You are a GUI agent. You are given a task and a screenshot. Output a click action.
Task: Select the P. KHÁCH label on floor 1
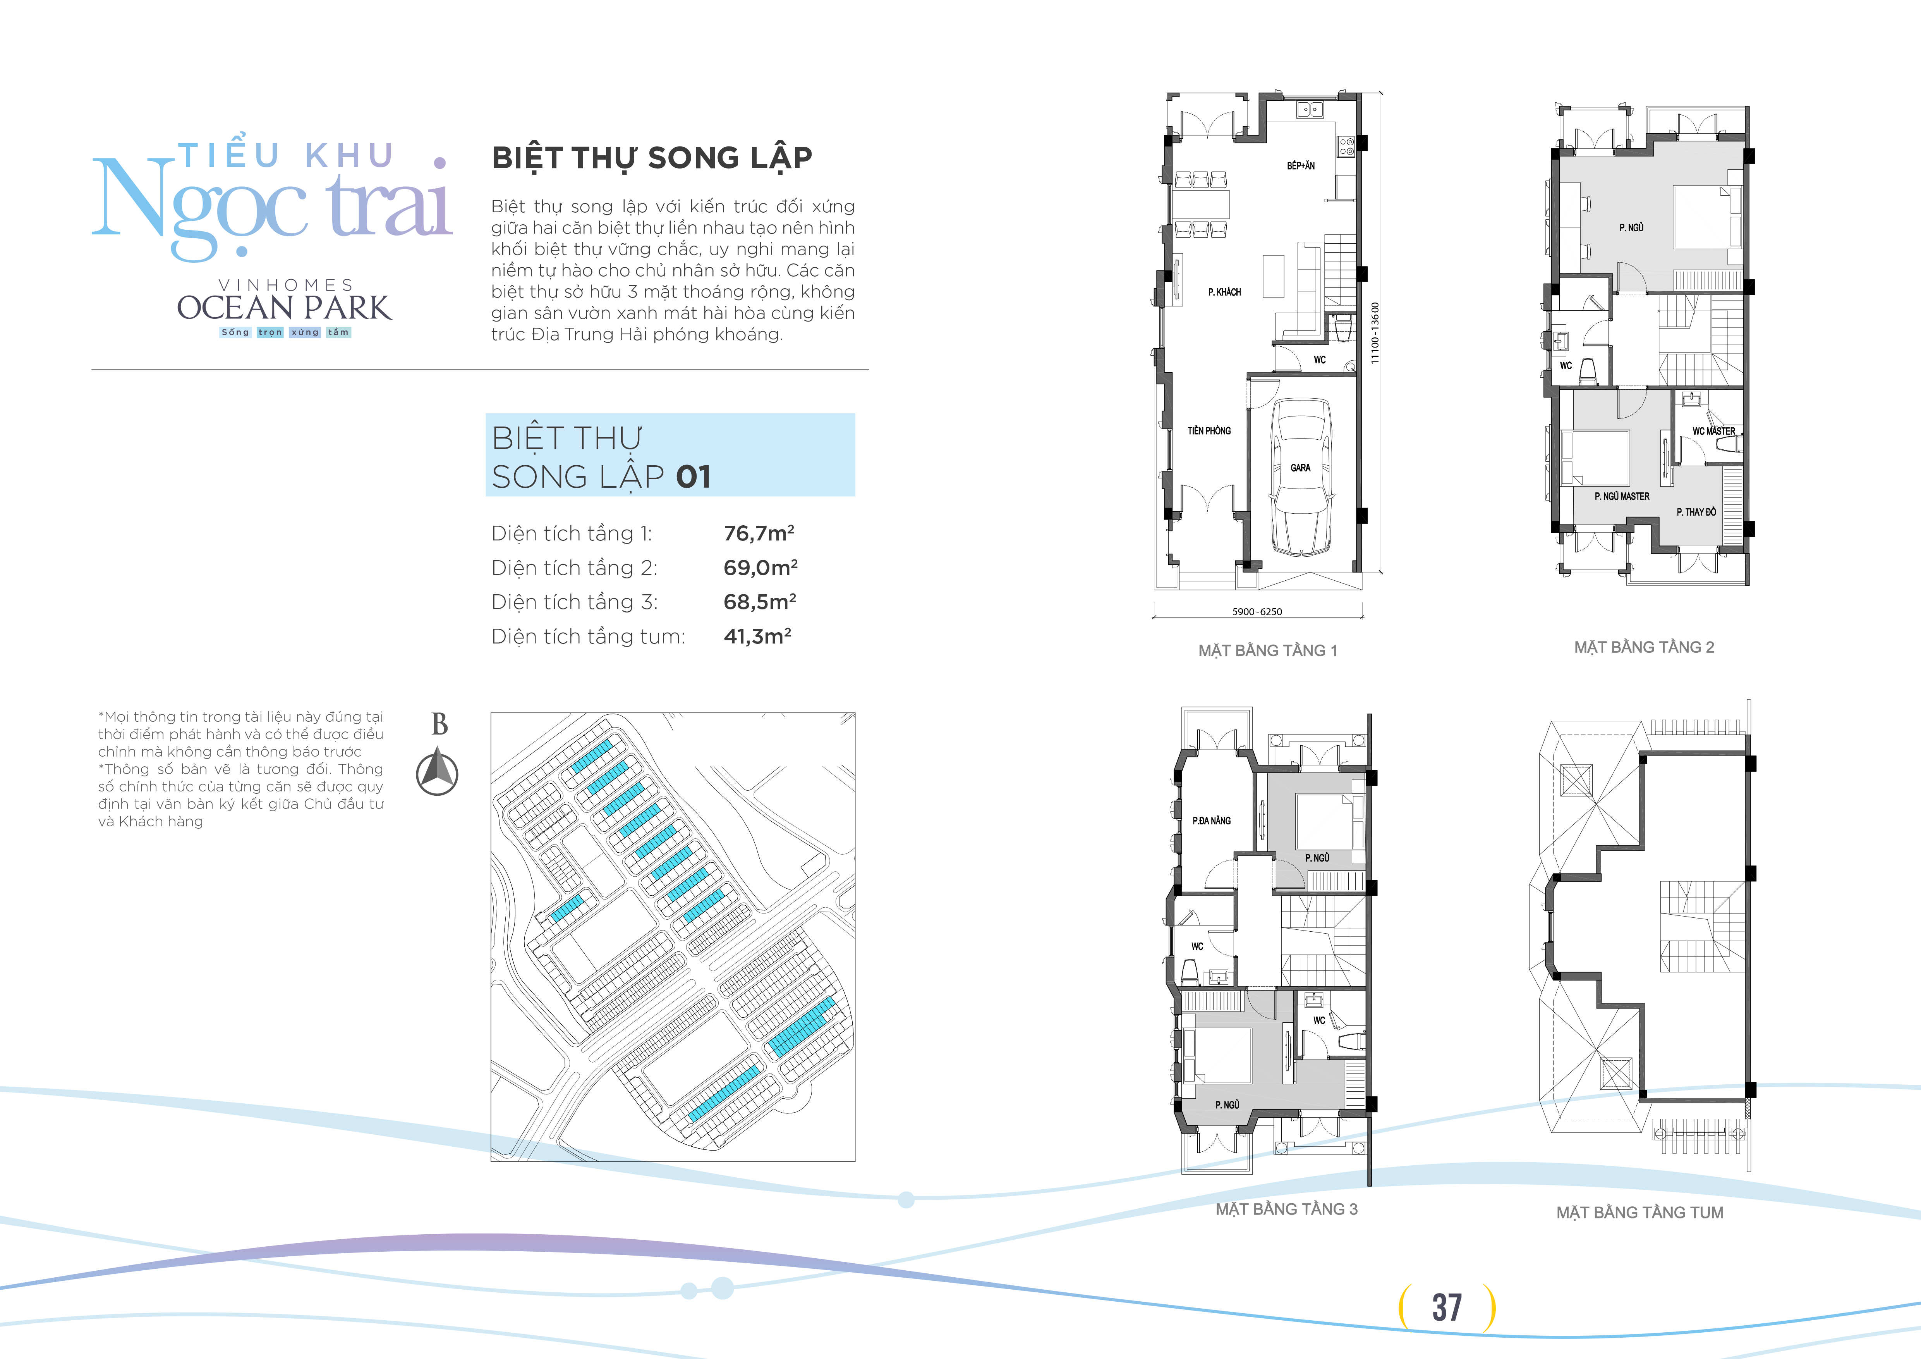click(1224, 292)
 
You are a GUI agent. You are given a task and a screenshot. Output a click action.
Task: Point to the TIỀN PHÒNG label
click(1209, 431)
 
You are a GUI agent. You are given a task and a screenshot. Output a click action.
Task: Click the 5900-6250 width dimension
click(1257, 612)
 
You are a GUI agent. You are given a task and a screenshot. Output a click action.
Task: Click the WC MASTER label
click(1713, 431)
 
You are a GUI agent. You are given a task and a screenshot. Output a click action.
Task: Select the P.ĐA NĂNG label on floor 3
click(1212, 821)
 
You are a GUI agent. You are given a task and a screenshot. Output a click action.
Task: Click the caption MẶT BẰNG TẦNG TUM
click(1640, 1213)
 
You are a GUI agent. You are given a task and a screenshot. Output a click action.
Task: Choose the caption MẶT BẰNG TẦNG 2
click(1644, 647)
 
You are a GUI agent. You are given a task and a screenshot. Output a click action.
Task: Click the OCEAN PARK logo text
click(283, 308)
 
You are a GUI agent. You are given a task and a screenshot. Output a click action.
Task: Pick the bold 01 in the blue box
click(694, 477)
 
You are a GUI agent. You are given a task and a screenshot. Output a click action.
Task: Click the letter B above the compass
click(439, 724)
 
